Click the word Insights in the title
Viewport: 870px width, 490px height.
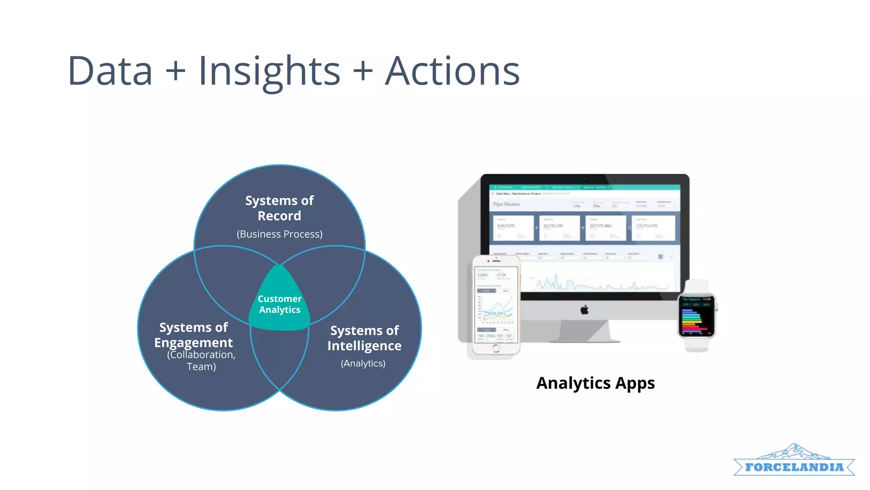[269, 71]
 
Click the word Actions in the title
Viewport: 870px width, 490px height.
[452, 71]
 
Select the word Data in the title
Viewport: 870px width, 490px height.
[110, 71]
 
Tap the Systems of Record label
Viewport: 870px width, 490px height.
[279, 208]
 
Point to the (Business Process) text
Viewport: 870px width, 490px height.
[279, 234]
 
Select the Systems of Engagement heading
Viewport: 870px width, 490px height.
[193, 335]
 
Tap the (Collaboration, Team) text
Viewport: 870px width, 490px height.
[201, 361]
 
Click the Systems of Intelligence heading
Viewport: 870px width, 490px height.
[364, 338]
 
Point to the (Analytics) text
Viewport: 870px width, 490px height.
[363, 364]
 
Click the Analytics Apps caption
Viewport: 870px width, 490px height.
[595, 383]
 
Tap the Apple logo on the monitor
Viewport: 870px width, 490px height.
[585, 310]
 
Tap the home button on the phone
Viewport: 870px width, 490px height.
[496, 349]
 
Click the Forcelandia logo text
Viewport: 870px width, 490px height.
[794, 467]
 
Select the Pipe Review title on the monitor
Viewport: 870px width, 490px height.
[506, 205]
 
